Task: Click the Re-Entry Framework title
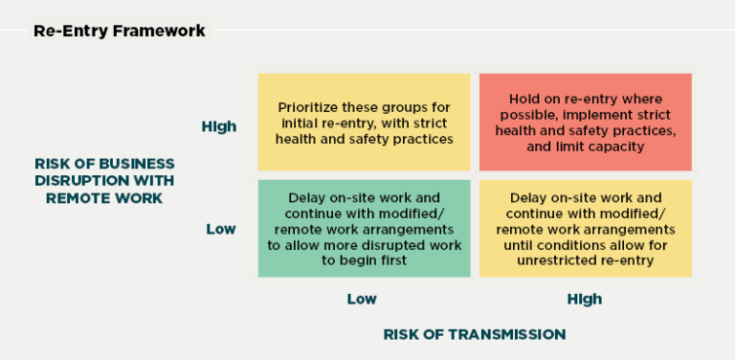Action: pyautogui.click(x=119, y=31)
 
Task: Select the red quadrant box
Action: pyautogui.click(x=586, y=123)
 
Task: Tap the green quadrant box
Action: pyautogui.click(x=364, y=229)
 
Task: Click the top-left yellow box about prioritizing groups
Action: pyautogui.click(x=364, y=123)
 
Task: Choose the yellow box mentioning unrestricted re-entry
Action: pyautogui.click(x=586, y=229)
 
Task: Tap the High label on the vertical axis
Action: pyautogui.click(x=219, y=126)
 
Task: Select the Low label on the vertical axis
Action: pyautogui.click(x=221, y=229)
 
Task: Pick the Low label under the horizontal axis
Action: pyautogui.click(x=362, y=299)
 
